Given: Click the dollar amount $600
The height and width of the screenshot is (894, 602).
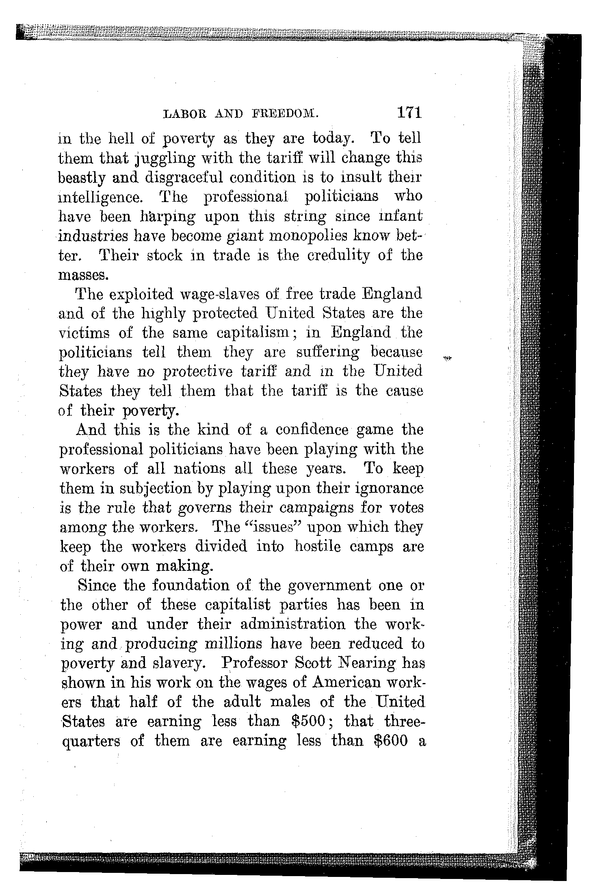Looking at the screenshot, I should [x=390, y=741].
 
